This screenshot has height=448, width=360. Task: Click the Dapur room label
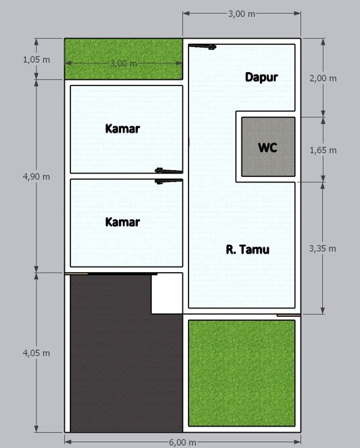coord(261,77)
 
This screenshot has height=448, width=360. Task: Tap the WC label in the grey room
coord(268,147)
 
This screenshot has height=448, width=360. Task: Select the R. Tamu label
coord(247,249)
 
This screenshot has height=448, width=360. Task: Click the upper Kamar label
coord(122,129)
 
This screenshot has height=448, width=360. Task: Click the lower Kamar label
coord(122,222)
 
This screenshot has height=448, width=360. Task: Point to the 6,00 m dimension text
coord(182,442)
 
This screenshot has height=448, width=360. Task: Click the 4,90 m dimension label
coord(36,177)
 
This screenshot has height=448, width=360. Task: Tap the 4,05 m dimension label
coord(36,353)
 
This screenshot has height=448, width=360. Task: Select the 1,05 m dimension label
coord(36,59)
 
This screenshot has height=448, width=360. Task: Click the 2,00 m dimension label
coord(323,78)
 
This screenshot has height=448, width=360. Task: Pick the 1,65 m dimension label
coord(323,150)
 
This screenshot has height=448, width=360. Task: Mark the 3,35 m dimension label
coord(322,249)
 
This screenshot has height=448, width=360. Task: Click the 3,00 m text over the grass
coord(123,64)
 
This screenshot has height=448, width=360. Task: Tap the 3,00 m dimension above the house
coord(242,14)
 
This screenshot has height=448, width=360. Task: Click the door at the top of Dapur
coord(202,46)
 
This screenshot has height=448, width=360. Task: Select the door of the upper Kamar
coord(169,171)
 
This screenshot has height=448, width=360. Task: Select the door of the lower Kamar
coord(169,181)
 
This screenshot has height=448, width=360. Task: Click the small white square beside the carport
coord(167,294)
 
